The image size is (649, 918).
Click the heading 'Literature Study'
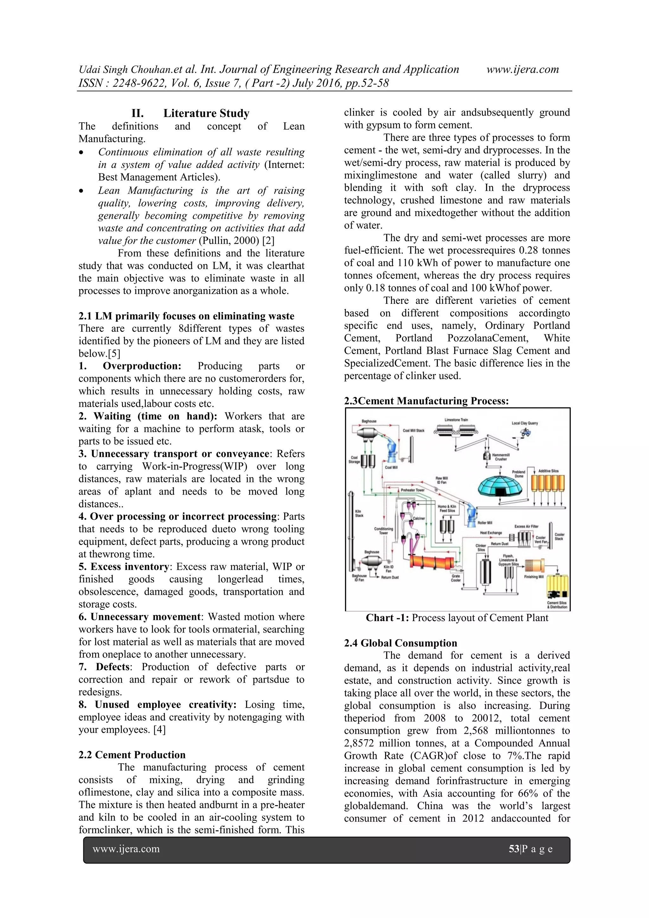(x=206, y=113)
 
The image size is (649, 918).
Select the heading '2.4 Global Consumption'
(x=400, y=643)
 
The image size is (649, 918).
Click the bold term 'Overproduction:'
(x=142, y=366)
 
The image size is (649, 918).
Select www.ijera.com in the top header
(x=522, y=69)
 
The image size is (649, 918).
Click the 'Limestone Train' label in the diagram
(x=456, y=420)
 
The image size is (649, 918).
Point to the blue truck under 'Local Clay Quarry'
(x=525, y=432)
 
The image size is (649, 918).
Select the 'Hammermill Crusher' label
(x=500, y=457)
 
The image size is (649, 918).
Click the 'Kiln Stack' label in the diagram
(x=359, y=513)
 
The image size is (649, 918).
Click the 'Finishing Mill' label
(x=533, y=577)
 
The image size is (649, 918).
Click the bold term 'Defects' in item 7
(x=113, y=667)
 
